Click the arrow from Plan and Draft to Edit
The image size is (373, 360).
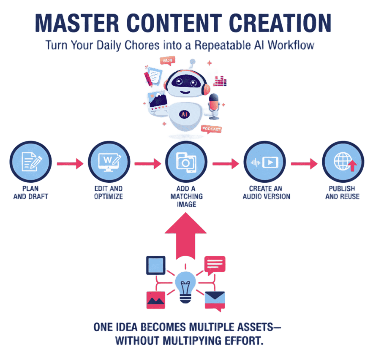tap(70, 163)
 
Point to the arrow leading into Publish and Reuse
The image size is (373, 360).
tap(304, 163)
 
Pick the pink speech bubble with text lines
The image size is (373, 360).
tap(215, 265)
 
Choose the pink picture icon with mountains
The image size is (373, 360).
tap(156, 300)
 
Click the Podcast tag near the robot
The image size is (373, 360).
tap(211, 129)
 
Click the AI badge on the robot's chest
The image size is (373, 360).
tap(184, 114)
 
